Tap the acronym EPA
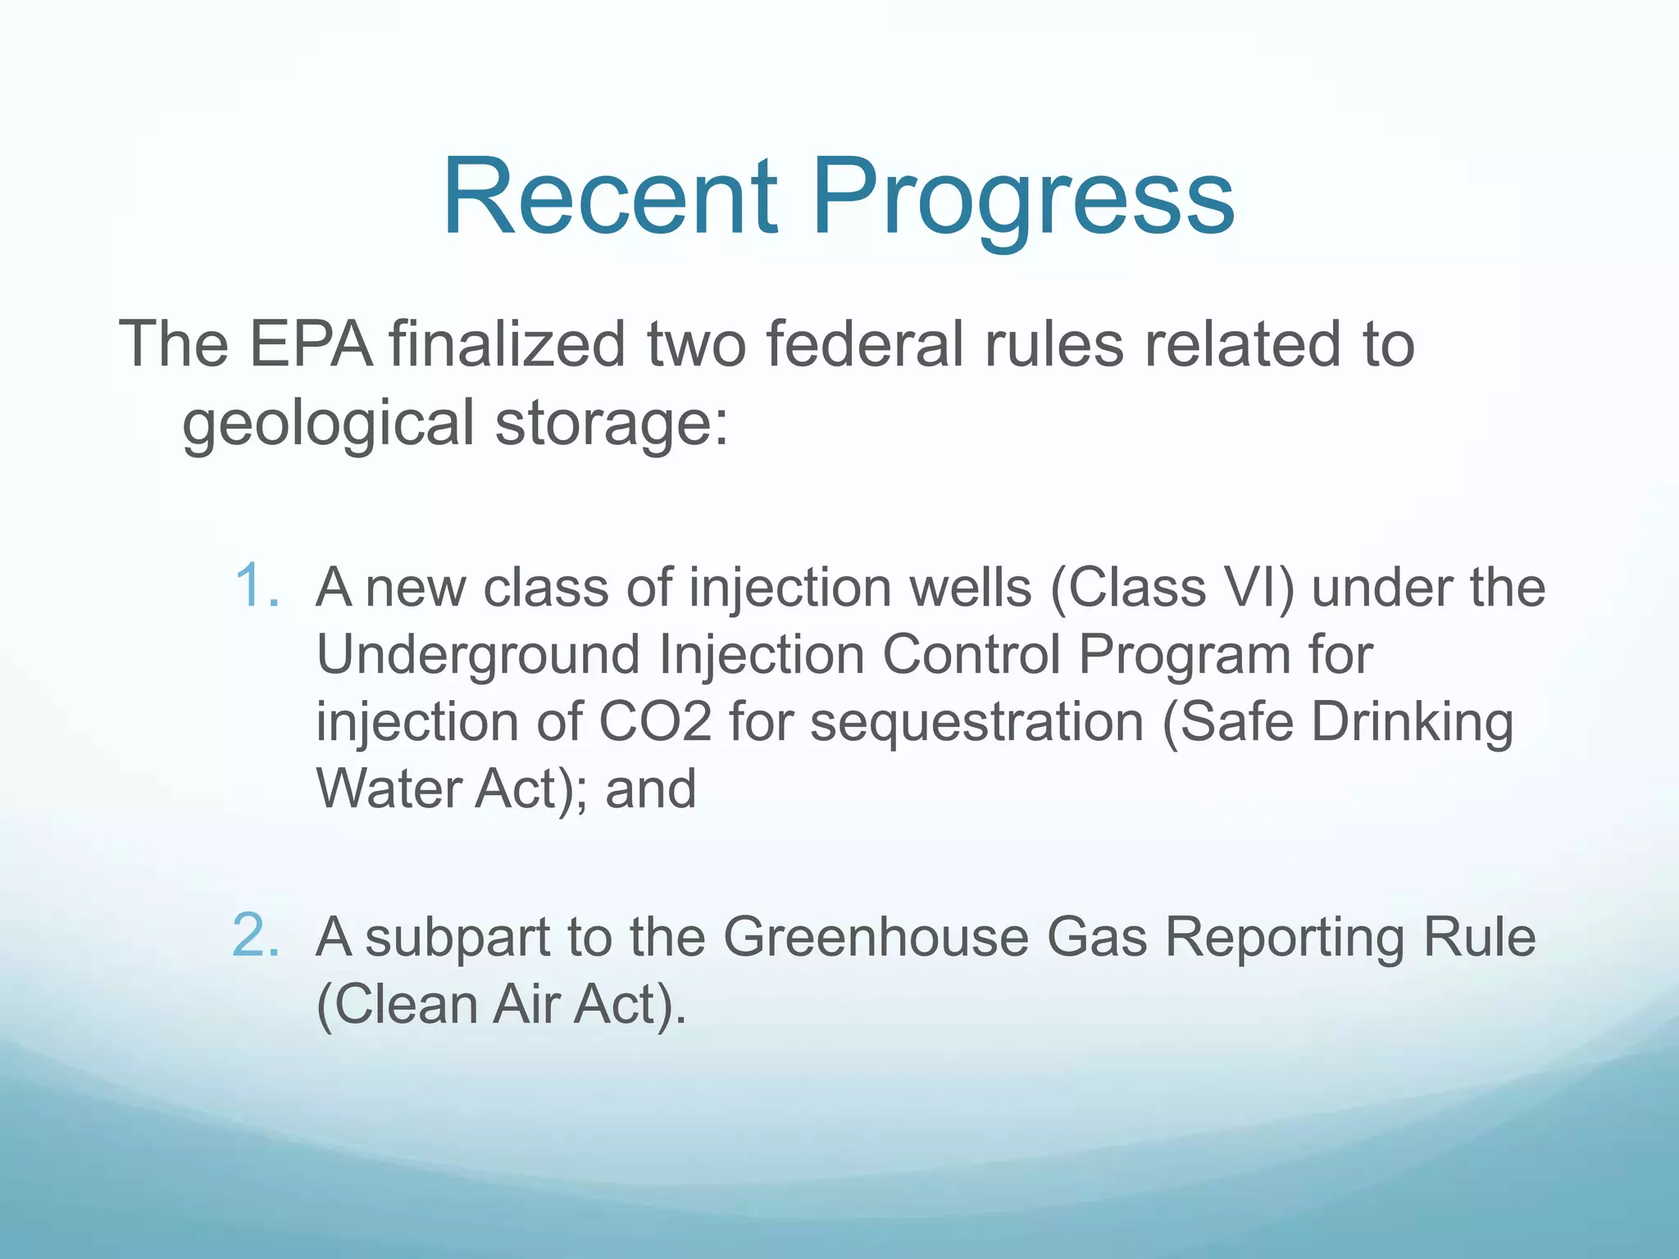coord(311,344)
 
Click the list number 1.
coord(257,587)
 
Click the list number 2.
coord(257,935)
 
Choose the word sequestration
coord(976,724)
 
